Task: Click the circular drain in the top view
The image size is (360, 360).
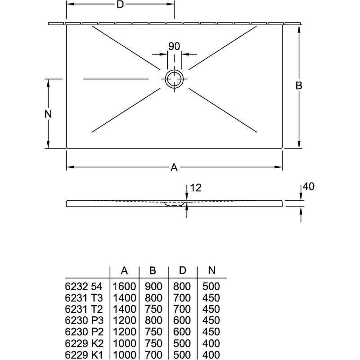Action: pos(174,71)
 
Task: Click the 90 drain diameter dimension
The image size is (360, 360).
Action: pos(174,46)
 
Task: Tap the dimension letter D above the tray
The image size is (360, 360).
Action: pos(120,4)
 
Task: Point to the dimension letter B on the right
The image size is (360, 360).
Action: pos(299,85)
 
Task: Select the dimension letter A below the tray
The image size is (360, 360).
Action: pos(174,167)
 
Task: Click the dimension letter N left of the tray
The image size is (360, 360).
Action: pos(48,114)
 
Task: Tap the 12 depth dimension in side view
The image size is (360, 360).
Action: pos(196,188)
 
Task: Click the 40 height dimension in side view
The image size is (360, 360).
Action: pos(309,186)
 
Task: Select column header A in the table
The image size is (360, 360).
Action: pos(124,271)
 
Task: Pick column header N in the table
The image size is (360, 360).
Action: pos(211,270)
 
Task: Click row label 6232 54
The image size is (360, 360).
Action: pos(84,287)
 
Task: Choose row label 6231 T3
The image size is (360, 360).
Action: pos(84,298)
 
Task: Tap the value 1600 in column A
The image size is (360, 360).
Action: pos(124,286)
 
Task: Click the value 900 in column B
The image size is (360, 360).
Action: pos(153,286)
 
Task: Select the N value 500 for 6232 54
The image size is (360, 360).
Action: pos(211,286)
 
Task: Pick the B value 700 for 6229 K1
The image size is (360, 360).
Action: pos(153,355)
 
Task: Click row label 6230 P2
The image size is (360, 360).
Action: pos(84,332)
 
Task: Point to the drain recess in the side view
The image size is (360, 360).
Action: pos(174,204)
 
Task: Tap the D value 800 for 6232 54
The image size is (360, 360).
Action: pos(182,286)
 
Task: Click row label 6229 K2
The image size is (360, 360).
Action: pos(84,343)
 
